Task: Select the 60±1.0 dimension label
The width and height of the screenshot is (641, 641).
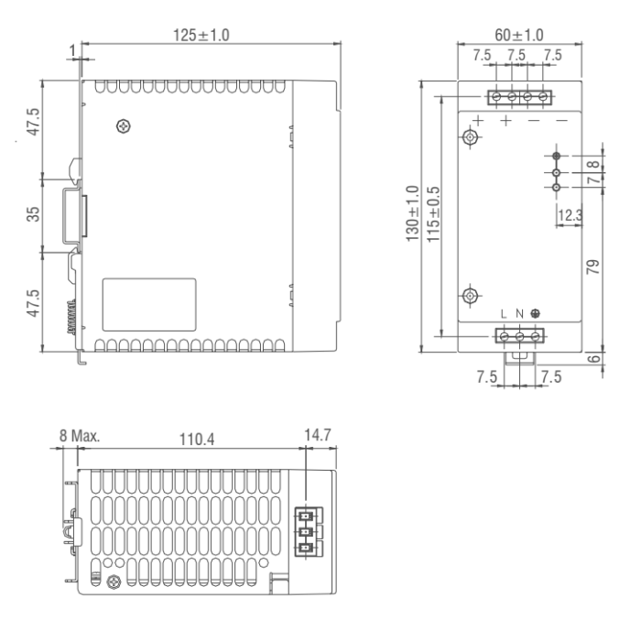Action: [x=518, y=34]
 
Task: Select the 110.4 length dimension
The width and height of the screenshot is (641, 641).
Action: [x=196, y=440]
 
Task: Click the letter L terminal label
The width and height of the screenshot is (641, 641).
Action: [x=504, y=314]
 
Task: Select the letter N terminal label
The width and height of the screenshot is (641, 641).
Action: [x=519, y=314]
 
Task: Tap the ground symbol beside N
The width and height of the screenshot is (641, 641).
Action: [x=535, y=314]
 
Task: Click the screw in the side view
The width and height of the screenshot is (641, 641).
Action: [x=123, y=125]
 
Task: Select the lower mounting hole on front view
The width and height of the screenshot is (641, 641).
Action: [x=470, y=295]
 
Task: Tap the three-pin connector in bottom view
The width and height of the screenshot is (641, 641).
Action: [x=305, y=530]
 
